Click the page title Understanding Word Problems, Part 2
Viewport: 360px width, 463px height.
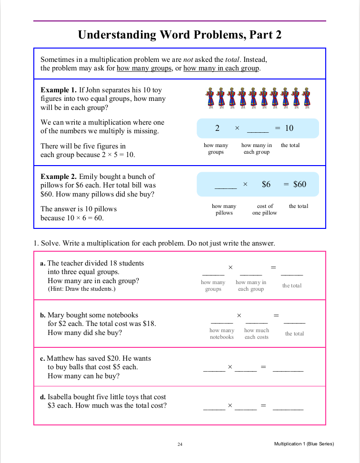180,35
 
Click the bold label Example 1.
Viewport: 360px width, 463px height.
59,90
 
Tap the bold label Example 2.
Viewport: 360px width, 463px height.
59,177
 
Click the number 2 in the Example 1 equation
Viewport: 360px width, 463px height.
217,128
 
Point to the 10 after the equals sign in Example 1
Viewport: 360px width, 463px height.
290,128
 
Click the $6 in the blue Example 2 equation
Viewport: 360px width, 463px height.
266,184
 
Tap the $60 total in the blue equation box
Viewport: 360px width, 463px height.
300,184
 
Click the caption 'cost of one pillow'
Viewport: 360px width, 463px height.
265,209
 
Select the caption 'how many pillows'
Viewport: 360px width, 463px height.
224,209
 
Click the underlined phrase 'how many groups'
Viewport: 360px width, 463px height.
144,68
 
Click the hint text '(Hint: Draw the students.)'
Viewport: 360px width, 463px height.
81,289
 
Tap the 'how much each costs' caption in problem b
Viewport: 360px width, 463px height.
257,334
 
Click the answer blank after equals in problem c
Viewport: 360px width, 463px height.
288,369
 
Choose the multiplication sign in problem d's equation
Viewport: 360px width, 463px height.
230,405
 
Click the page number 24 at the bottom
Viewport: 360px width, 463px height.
180,444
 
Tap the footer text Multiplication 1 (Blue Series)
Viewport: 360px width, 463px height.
304,444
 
